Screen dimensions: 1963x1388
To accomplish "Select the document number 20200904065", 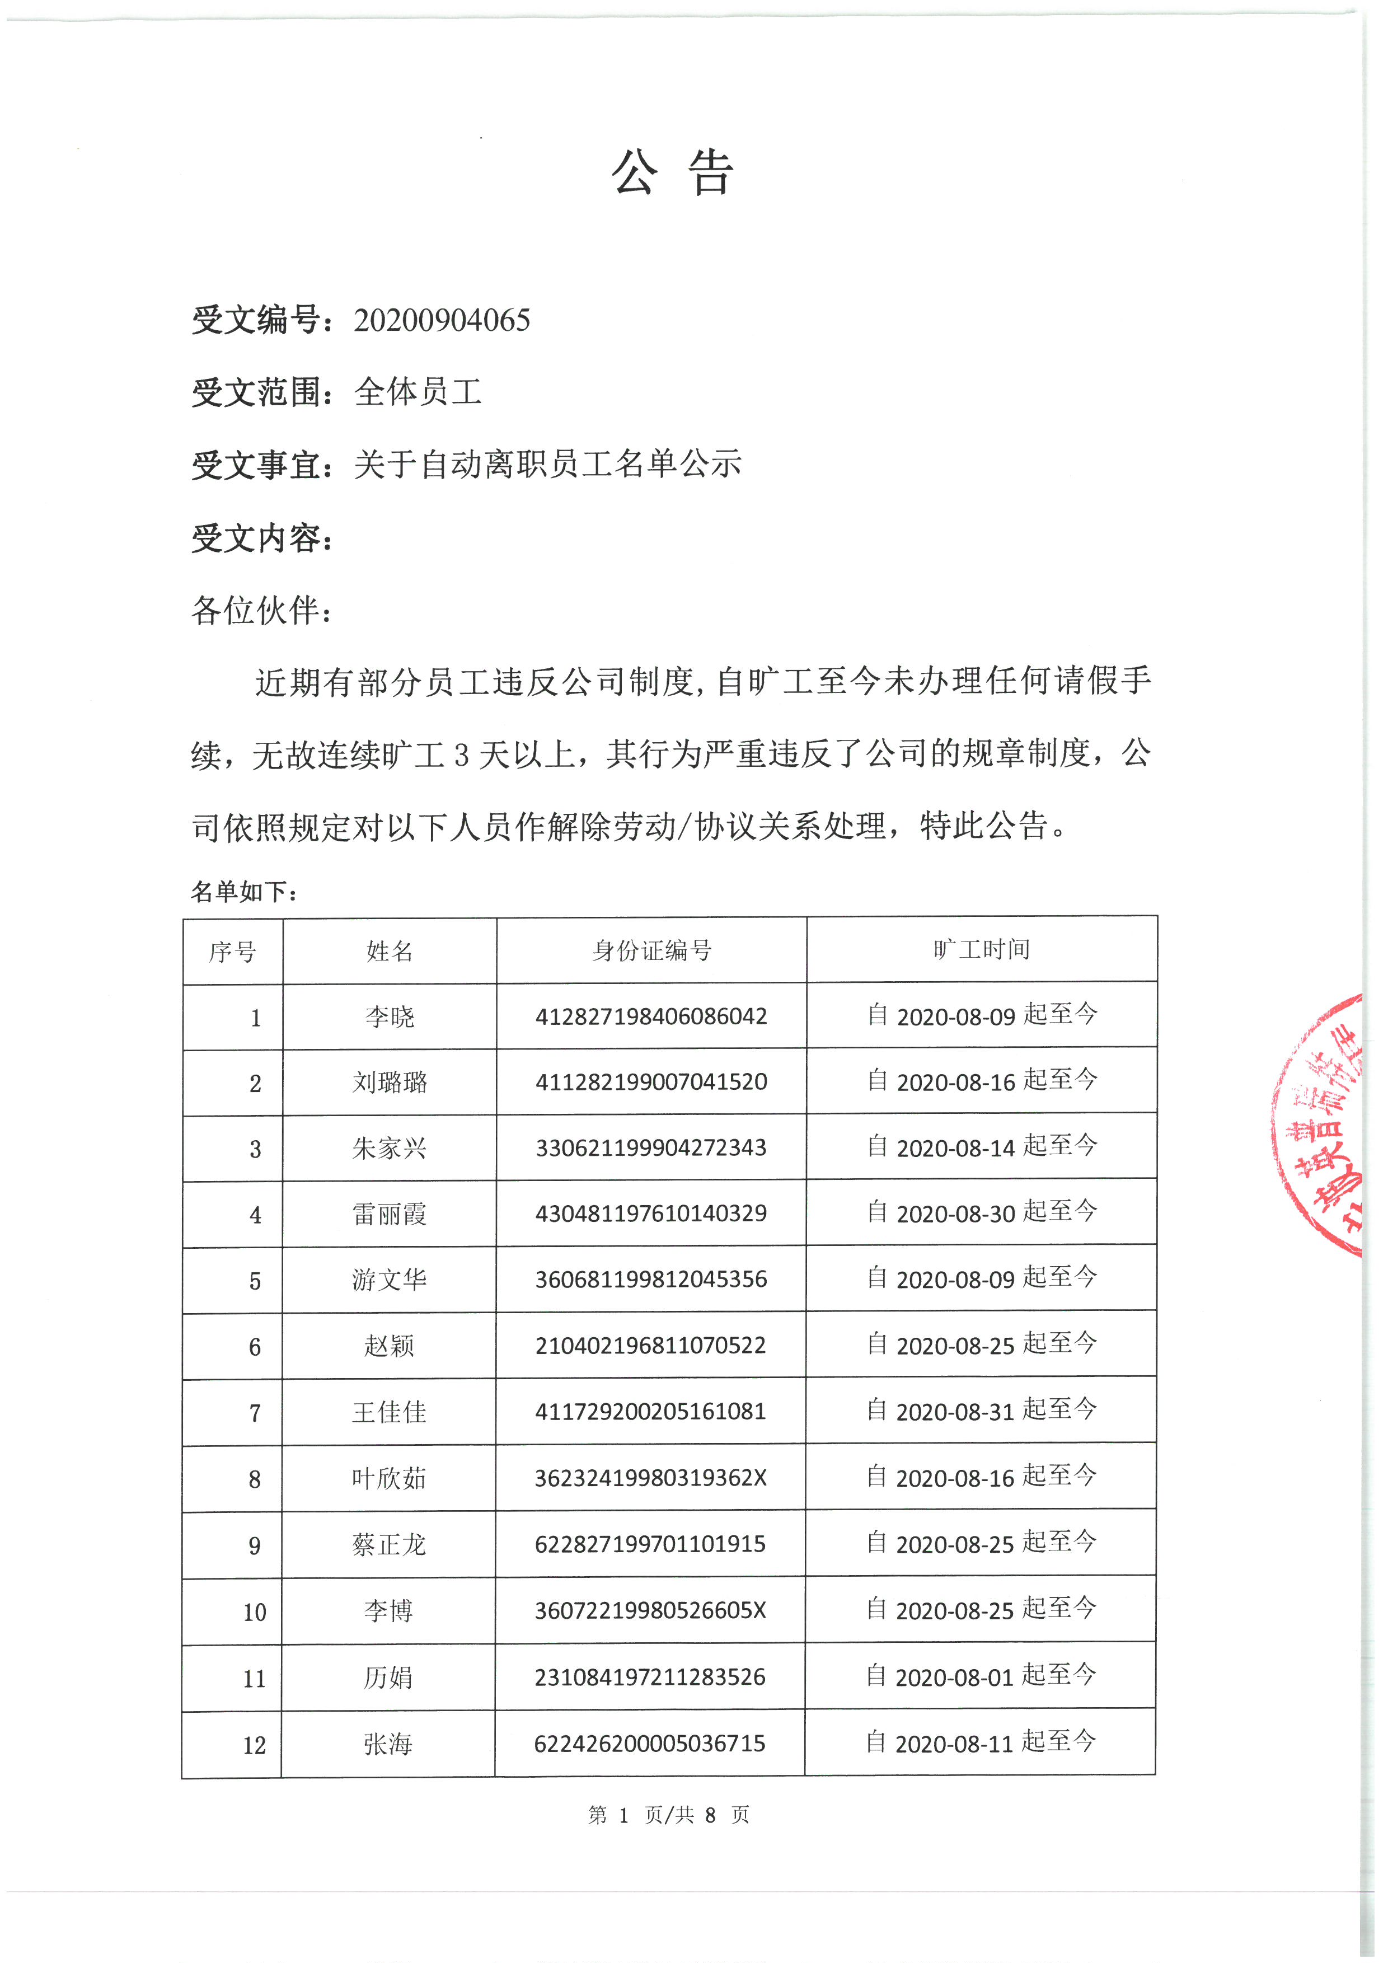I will pyautogui.click(x=442, y=321).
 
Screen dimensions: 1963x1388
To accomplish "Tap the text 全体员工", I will pyautogui.click(x=418, y=392).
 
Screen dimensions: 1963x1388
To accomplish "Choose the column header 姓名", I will pyautogui.click(x=390, y=951).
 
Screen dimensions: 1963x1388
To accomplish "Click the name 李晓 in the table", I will pyautogui.click(x=390, y=1016).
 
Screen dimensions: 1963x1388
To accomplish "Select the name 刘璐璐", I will pyautogui.click(x=390, y=1083).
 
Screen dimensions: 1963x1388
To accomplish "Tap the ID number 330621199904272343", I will pyautogui.click(x=651, y=1147).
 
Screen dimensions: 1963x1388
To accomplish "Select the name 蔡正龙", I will pyautogui.click(x=390, y=1544).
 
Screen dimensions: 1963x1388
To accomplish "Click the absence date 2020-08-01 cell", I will pyautogui.click(x=981, y=1676).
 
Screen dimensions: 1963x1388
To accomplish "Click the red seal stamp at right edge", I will pyautogui.click(x=1320, y=1125).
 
